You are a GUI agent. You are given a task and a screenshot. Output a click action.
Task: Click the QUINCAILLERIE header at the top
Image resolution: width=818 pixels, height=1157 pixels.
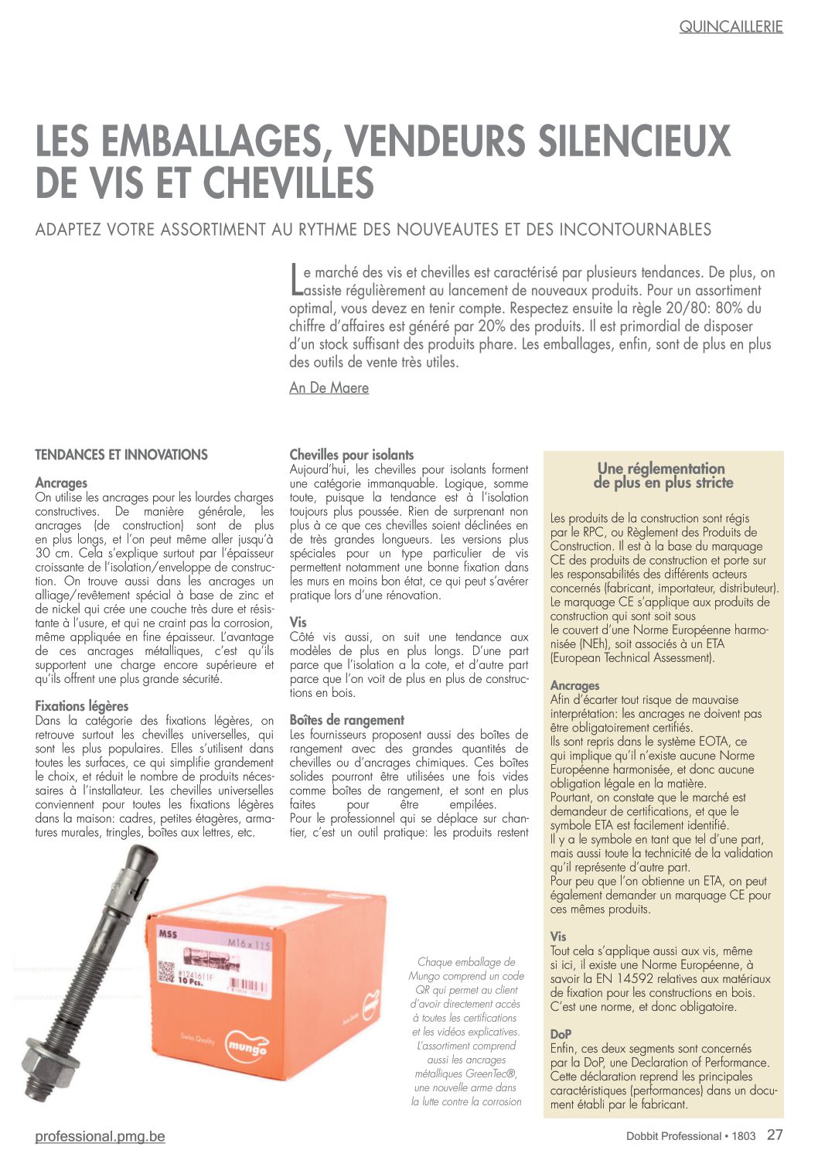[731, 27]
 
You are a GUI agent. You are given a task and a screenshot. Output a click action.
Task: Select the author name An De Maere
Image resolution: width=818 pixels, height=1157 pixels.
[329, 388]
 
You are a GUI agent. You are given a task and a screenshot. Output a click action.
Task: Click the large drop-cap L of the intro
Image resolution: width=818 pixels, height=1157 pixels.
[295, 280]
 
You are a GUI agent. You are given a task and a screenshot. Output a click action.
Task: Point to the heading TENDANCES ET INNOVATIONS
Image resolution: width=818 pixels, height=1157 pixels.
[121, 455]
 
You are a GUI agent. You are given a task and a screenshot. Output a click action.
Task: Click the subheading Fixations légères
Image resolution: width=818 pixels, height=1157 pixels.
[82, 705]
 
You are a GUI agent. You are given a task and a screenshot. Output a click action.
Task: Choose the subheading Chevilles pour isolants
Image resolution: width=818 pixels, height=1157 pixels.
[352, 455]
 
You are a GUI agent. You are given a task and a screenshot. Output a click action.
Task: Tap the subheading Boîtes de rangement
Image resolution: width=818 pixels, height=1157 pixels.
[347, 720]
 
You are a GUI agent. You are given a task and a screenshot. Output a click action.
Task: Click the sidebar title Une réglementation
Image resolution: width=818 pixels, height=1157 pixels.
[661, 468]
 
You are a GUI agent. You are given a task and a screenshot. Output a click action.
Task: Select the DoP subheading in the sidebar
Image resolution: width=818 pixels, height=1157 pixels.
[561, 1034]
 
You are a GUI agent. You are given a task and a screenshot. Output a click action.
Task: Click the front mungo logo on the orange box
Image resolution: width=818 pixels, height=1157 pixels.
[247, 1046]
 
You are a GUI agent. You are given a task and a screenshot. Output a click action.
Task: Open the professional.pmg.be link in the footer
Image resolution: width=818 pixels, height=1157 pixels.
[100, 1136]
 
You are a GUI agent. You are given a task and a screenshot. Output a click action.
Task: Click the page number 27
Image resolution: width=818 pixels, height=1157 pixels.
[775, 1135]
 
